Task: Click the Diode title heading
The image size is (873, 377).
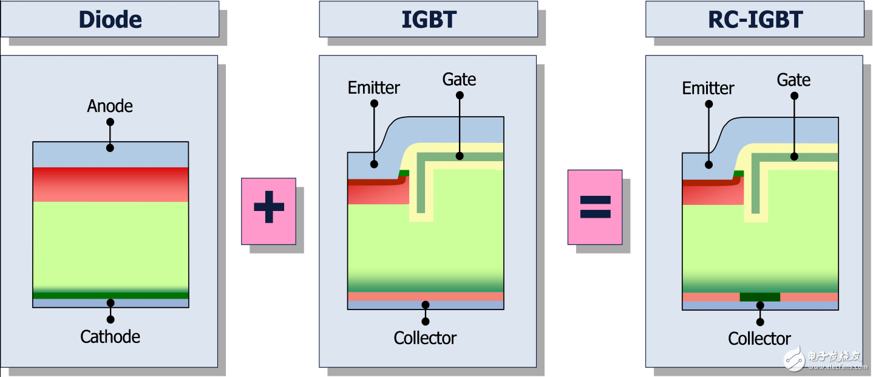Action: click(x=110, y=19)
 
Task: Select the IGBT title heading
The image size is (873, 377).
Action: click(x=429, y=19)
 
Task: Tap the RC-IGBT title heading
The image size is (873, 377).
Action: click(x=755, y=19)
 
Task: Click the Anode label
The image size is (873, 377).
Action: click(x=110, y=106)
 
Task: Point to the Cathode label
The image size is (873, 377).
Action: click(x=110, y=337)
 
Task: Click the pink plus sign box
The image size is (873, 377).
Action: click(x=268, y=211)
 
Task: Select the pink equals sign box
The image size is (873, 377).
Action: click(x=594, y=207)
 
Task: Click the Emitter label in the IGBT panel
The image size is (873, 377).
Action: click(x=374, y=88)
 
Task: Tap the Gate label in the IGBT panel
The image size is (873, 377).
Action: click(x=459, y=80)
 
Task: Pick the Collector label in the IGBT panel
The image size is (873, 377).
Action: click(x=425, y=338)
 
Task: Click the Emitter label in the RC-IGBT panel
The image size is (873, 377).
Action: click(x=708, y=89)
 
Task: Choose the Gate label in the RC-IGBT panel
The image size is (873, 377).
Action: click(x=793, y=80)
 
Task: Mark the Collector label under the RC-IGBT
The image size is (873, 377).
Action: click(x=759, y=339)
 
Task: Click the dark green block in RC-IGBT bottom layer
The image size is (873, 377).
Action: click(x=759, y=297)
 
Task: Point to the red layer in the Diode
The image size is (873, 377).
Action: click(x=110, y=184)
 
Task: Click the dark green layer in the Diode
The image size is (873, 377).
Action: click(x=110, y=296)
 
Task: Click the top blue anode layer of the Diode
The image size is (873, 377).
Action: click(x=110, y=155)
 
